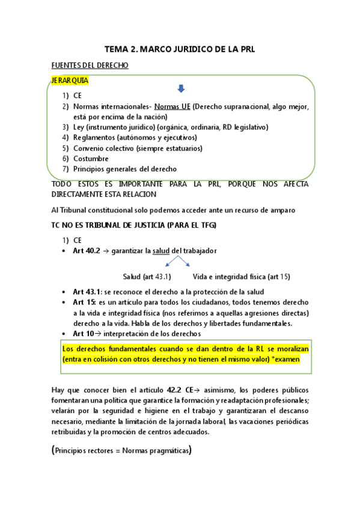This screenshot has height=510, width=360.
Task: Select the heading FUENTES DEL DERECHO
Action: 90,66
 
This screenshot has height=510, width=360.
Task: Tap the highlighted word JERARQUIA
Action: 70,80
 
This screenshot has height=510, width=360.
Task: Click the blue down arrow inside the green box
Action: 181,89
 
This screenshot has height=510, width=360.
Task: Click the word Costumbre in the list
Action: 91,158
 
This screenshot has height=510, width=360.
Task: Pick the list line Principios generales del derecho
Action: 125,169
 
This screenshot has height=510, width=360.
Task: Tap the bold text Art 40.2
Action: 86,251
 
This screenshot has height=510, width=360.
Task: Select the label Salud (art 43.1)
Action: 147,277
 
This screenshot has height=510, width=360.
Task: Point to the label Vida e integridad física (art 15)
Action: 241,277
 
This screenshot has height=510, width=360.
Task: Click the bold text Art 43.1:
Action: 87,292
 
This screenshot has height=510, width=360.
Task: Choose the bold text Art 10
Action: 83,333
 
